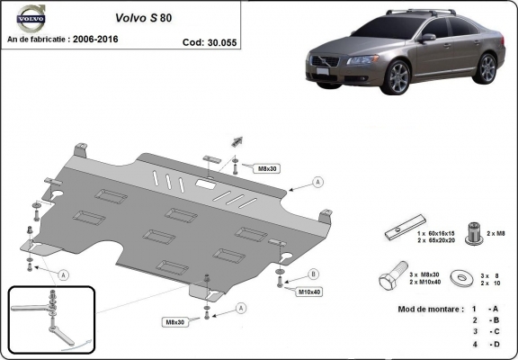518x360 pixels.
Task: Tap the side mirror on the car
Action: tap(427, 39)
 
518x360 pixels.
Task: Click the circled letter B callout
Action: tap(314, 274)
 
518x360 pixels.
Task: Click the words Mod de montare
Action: tap(427, 308)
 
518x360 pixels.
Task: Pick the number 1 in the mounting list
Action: tap(473, 309)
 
